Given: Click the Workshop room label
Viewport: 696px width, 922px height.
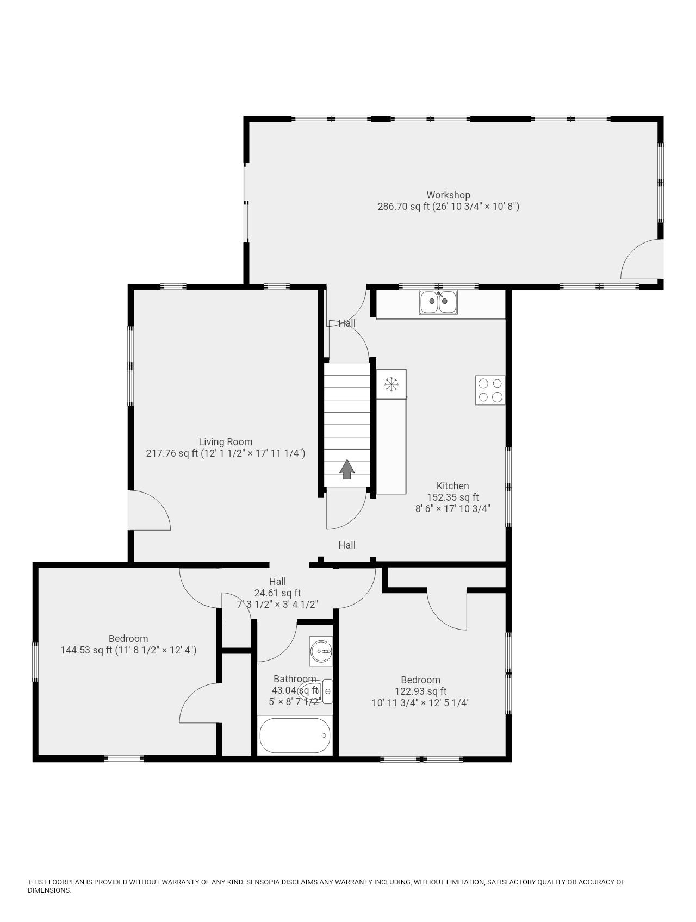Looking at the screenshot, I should coord(448,195).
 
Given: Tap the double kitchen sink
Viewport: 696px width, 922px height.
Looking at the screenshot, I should coord(438,302).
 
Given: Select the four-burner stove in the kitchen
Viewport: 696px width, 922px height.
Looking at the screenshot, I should coord(490,390).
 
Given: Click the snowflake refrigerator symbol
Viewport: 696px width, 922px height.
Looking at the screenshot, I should coord(391,384).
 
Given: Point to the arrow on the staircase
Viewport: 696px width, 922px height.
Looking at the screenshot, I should coord(347,469).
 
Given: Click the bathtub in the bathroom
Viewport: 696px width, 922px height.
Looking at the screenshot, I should coord(295,736).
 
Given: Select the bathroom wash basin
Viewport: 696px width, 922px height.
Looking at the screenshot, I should coord(321,651).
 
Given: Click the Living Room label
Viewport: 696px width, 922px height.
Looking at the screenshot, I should coord(225,442).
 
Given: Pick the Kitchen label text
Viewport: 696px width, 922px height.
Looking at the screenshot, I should coord(452,486).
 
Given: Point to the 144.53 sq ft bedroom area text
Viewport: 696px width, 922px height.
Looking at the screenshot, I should coord(86,650).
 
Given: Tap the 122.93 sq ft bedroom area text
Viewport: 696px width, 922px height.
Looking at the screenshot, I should coord(420,691).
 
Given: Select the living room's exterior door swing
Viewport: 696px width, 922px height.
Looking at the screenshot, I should coord(150,511).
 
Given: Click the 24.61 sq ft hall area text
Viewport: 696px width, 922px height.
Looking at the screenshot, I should coord(277,593).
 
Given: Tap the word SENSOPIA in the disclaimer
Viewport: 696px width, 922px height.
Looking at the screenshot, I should coord(264,882).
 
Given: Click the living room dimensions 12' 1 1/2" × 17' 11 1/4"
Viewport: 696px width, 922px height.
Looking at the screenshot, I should coord(252,453).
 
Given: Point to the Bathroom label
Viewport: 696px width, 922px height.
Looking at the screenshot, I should coord(294,679).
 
